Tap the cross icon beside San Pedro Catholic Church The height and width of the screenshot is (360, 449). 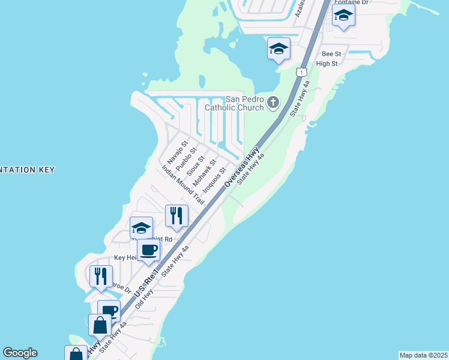pyautogui.click(x=273, y=103)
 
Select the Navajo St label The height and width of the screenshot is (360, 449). pyautogui.click(x=178, y=153)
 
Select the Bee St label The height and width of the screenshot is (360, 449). pyautogui.click(x=331, y=54)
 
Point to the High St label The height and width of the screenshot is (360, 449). pyautogui.click(x=327, y=64)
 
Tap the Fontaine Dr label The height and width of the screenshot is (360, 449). pyautogui.click(x=360, y=3)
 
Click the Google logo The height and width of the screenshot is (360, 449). pyautogui.click(x=20, y=353)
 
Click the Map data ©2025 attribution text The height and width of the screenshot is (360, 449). pyautogui.click(x=424, y=355)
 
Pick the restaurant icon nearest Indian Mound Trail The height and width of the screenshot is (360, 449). pyautogui.click(x=176, y=215)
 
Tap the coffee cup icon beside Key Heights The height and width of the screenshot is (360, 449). pyautogui.click(x=148, y=250)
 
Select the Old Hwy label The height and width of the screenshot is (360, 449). pyautogui.click(x=145, y=299)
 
